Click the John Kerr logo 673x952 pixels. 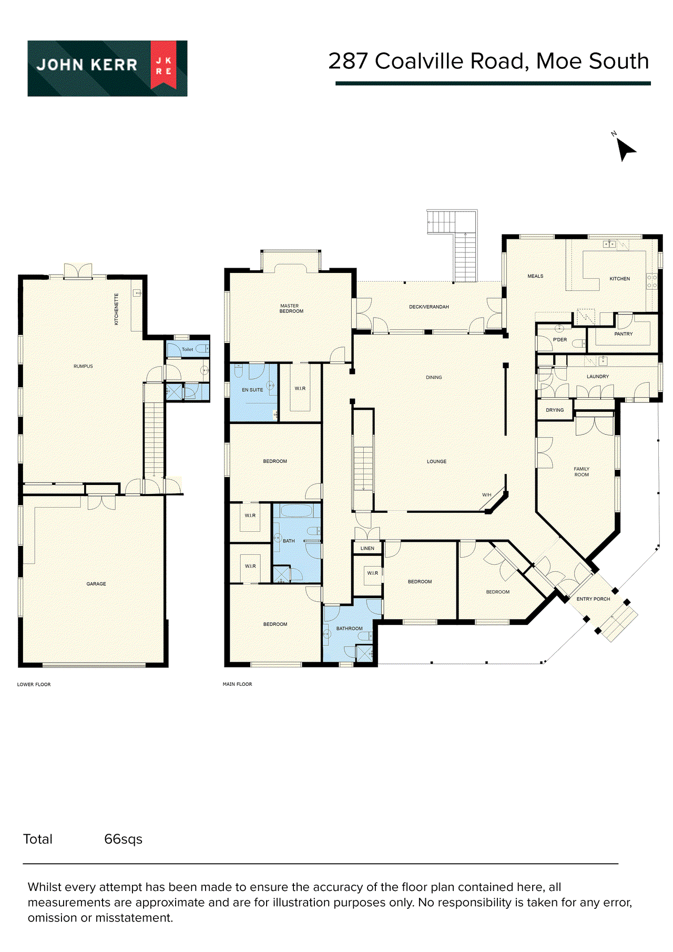107,68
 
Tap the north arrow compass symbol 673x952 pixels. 625,149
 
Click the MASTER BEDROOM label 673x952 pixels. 291,309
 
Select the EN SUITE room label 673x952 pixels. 252,390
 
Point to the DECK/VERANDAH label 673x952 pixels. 429,307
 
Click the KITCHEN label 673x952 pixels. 619,279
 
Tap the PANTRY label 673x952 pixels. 623,334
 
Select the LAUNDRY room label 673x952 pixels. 597,377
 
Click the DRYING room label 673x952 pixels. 554,410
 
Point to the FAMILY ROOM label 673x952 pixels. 581,472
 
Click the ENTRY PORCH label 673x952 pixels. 593,599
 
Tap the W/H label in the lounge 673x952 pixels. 486,495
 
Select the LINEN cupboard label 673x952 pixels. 367,549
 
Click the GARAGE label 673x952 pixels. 96,584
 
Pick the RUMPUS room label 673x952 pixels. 83,366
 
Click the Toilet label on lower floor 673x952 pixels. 187,349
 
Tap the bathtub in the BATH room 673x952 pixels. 297,511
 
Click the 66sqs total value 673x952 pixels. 123,839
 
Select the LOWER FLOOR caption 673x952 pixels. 34,684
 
